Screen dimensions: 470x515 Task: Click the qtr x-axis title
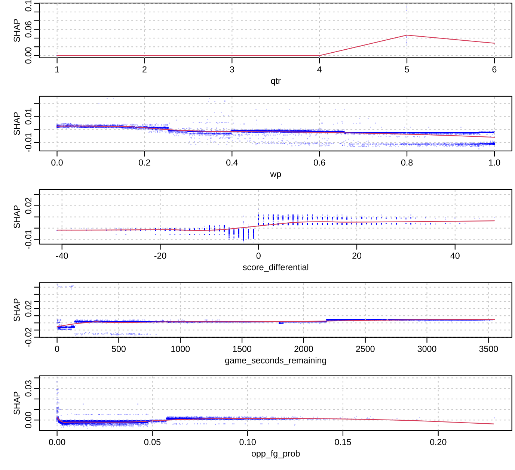(x=275, y=81)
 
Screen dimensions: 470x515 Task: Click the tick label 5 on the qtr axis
(x=407, y=69)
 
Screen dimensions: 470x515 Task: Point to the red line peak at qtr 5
(x=407, y=35)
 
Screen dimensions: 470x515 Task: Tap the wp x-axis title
(x=275, y=174)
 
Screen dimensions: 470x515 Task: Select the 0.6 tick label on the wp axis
(x=319, y=163)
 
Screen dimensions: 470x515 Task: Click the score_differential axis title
(x=275, y=267)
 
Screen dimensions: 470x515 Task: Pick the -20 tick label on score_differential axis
(x=160, y=256)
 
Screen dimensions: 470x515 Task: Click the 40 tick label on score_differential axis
(x=455, y=256)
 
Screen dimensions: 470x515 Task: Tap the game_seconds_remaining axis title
(x=275, y=361)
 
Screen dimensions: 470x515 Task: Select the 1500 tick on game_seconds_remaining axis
(x=242, y=349)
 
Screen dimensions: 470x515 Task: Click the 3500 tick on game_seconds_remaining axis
(x=488, y=349)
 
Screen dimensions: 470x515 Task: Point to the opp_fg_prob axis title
(x=275, y=454)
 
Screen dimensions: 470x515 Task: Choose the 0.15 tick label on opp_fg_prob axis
(x=343, y=442)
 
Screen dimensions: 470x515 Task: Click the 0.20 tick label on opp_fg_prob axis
(x=438, y=442)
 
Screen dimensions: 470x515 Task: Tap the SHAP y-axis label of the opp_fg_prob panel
(x=17, y=403)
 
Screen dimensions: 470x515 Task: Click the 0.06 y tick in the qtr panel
(x=28, y=30)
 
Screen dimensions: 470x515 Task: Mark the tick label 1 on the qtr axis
(x=57, y=69)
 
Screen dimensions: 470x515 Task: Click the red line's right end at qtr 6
(x=494, y=43)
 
